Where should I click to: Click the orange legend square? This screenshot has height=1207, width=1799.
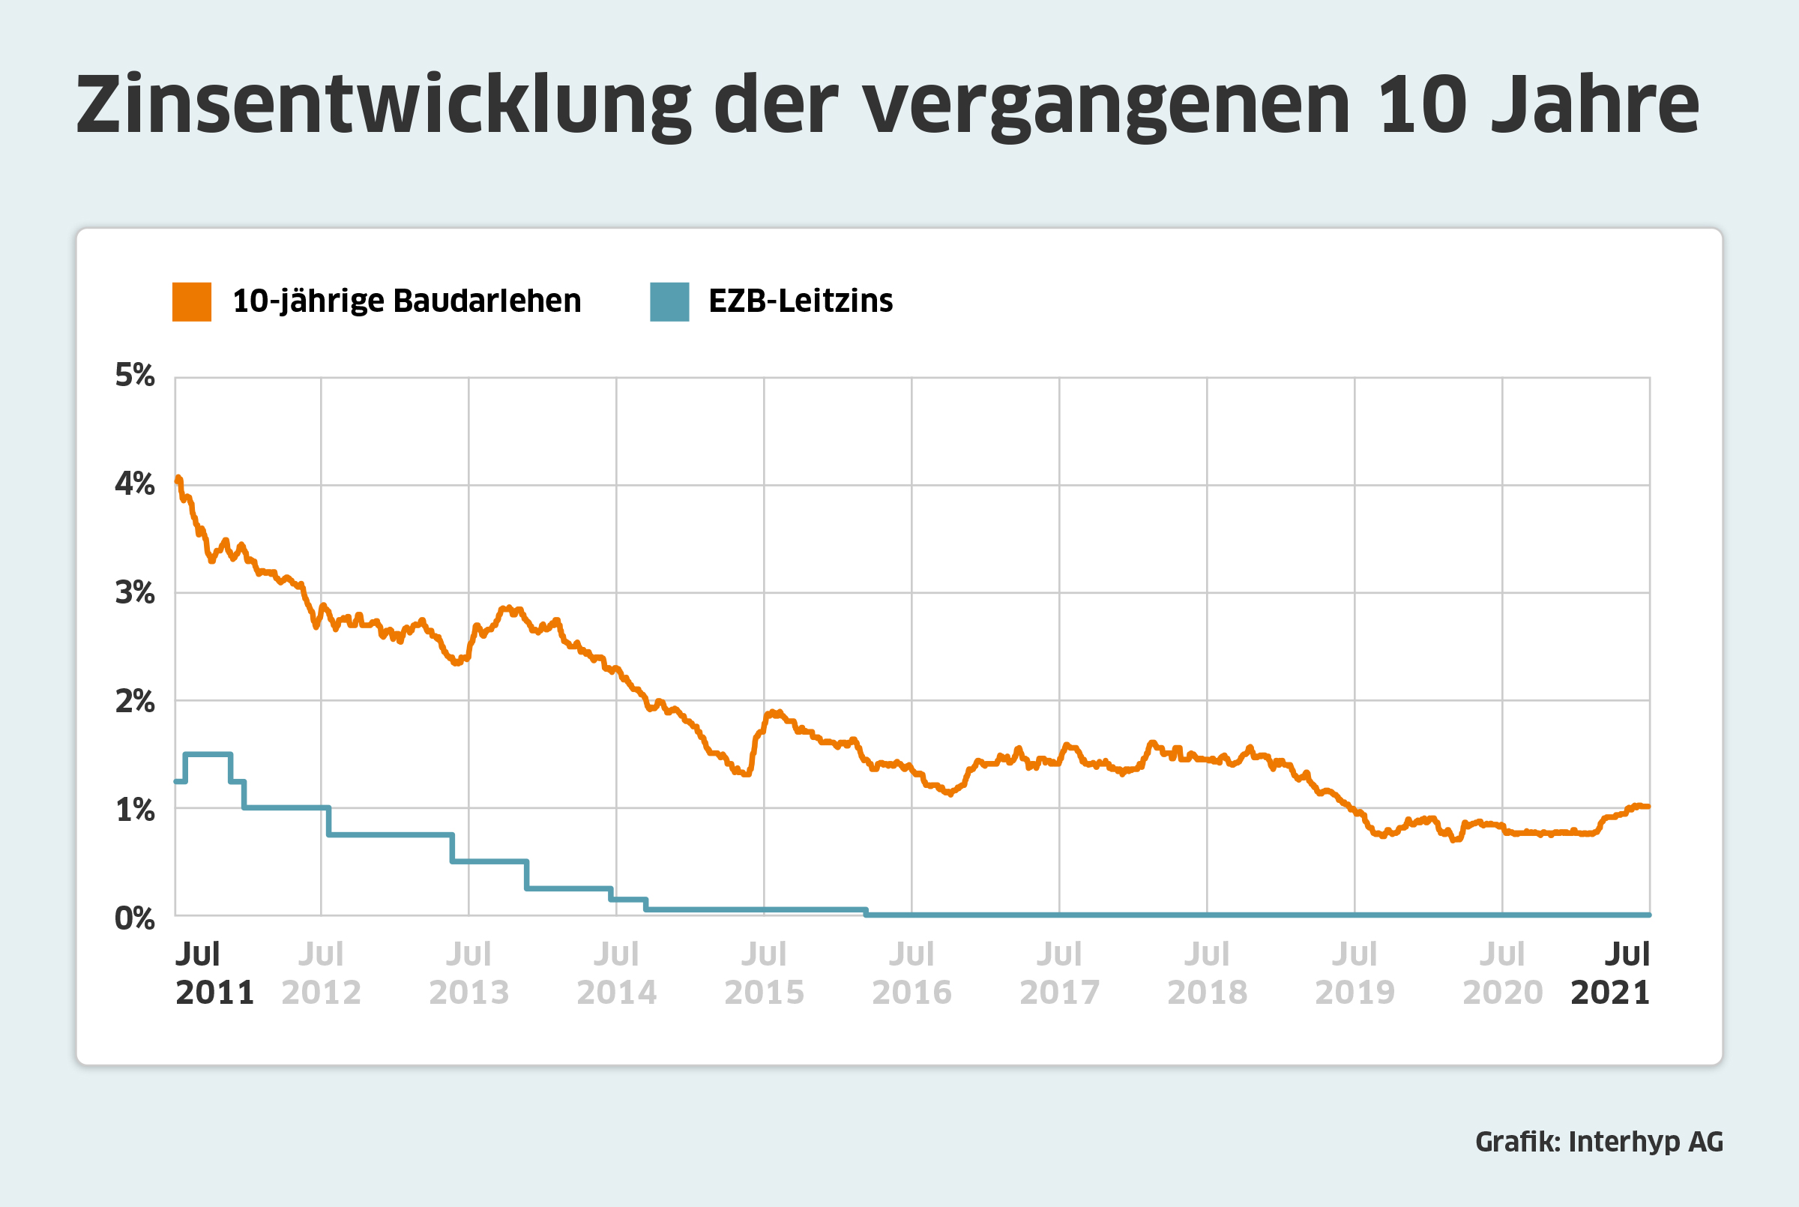(x=192, y=301)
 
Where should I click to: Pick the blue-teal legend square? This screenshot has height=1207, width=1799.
(x=669, y=301)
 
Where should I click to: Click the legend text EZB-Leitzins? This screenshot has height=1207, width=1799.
(x=801, y=301)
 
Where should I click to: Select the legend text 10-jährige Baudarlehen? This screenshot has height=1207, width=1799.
(x=406, y=301)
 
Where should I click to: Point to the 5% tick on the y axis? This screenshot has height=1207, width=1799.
(x=135, y=376)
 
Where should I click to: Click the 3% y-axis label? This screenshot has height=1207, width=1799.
(x=135, y=593)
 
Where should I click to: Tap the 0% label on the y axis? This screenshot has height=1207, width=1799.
(x=135, y=918)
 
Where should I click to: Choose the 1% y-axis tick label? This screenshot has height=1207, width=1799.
(x=135, y=810)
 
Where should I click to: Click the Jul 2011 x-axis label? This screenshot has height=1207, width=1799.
(x=214, y=973)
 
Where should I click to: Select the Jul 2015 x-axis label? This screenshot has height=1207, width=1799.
(x=764, y=973)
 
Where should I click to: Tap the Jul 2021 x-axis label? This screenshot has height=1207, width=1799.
(x=1611, y=973)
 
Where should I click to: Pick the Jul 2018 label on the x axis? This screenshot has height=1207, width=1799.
(x=1208, y=973)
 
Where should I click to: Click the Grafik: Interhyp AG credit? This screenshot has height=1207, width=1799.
(x=1599, y=1142)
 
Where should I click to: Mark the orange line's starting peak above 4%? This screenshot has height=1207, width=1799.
(x=178, y=479)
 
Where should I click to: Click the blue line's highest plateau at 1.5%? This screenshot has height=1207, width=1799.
(x=208, y=754)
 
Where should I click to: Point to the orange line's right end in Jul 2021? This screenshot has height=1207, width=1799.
(x=1647, y=807)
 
